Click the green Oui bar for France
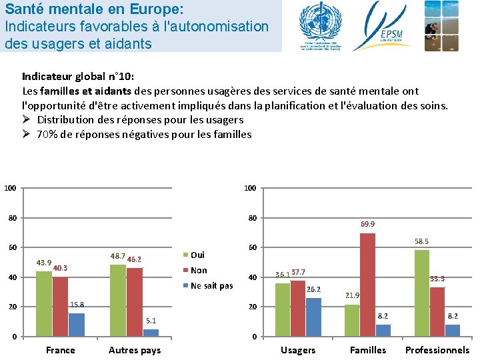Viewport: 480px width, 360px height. (44, 303)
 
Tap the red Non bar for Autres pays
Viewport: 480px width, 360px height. (135, 302)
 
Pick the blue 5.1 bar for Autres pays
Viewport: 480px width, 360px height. (151, 333)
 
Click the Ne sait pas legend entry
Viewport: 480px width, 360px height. (211, 286)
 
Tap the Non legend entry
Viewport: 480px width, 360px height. (199, 270)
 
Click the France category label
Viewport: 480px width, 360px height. (61, 350)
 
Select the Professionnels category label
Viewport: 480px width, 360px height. (437, 350)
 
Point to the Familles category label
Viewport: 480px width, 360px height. (368, 350)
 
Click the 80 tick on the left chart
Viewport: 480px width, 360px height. (12, 218)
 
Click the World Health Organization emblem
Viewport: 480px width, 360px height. (319, 25)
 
